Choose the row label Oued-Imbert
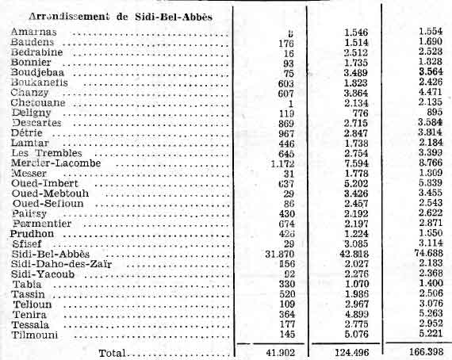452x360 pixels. pos(40,183)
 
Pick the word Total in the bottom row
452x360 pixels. pos(113,350)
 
